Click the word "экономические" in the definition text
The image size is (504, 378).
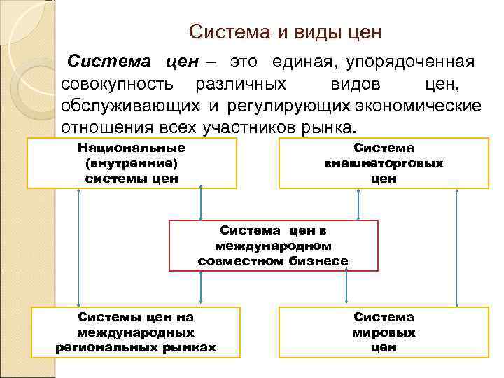pos(418,106)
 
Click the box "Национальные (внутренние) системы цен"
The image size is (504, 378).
pos(132,163)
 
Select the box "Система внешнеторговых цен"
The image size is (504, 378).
pos(384,163)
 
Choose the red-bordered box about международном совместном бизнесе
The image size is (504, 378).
pos(273,246)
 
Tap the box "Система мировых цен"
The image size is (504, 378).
pos(384,332)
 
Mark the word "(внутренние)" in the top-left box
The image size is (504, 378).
pos(132,163)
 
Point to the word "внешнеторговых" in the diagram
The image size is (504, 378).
pos(384,163)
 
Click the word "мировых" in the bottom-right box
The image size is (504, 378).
pos(384,332)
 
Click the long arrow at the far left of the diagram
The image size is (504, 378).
pos(78,248)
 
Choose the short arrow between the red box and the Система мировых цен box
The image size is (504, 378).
pos(358,288)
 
